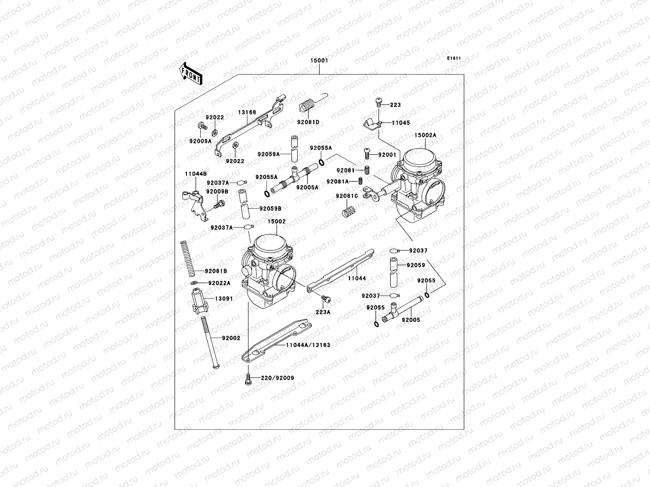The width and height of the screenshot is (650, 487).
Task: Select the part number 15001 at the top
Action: [x=320, y=60]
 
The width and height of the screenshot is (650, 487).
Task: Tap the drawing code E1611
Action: [x=454, y=58]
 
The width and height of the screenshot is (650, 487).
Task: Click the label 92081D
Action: [x=308, y=122]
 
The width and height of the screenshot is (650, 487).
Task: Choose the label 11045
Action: [x=401, y=123]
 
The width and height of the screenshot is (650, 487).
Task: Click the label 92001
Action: [x=387, y=155]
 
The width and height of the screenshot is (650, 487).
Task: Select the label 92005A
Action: [x=307, y=187]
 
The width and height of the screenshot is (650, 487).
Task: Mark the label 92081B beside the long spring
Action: [x=216, y=271]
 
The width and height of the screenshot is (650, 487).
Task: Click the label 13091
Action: [x=223, y=299]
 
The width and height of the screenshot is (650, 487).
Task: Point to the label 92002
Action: [x=231, y=338]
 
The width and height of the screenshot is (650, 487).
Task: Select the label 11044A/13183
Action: [x=308, y=345]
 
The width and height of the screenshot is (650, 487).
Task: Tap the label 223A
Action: [x=323, y=312]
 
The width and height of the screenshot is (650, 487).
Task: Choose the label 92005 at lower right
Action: [x=411, y=320]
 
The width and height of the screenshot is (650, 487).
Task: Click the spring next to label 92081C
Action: [x=348, y=212]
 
